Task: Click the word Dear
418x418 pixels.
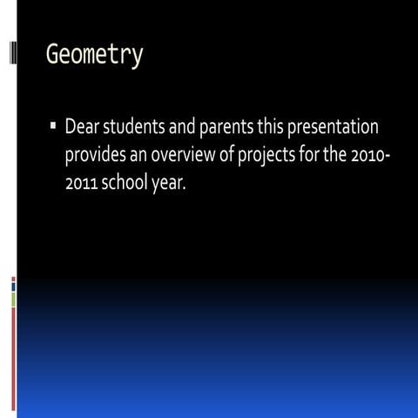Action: click(x=84, y=129)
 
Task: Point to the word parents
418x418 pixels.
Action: click(x=226, y=129)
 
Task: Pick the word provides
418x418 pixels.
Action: click(x=95, y=157)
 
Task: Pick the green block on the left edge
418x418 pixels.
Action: click(x=13, y=300)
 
